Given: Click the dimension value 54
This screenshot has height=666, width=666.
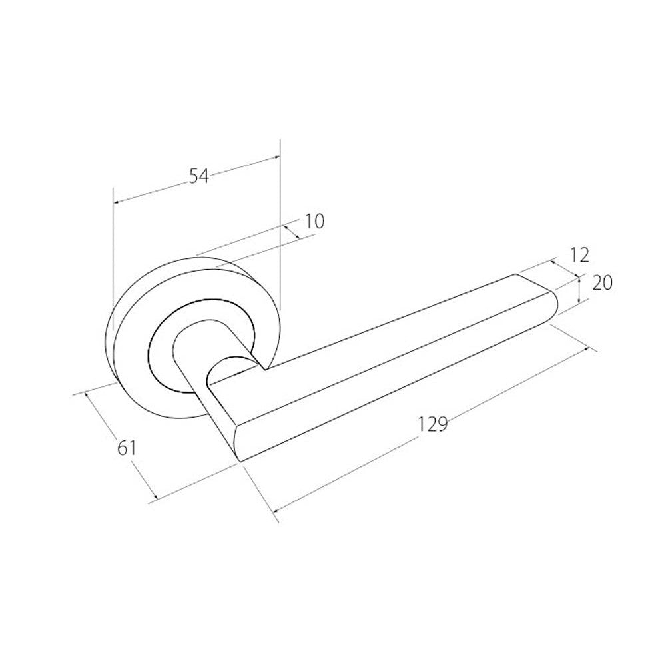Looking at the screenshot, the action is (198, 176).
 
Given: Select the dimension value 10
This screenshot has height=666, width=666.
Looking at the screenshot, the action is (314, 221).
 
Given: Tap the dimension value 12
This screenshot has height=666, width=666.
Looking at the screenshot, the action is (579, 255).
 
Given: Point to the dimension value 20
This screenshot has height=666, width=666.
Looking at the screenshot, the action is (602, 283).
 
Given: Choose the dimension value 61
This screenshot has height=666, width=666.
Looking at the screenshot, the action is (126, 448).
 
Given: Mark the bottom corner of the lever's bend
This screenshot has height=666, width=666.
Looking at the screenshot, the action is (241, 462).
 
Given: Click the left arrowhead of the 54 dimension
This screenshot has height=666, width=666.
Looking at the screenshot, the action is (117, 202).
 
